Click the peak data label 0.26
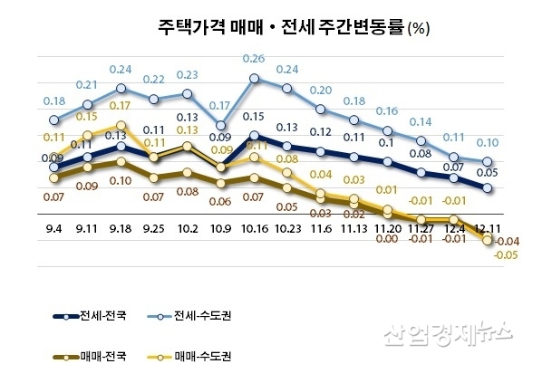(x=255, y=59)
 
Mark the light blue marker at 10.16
(x=255, y=79)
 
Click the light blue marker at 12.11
(x=489, y=163)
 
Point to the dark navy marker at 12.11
(x=489, y=188)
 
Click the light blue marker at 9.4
(x=54, y=120)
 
